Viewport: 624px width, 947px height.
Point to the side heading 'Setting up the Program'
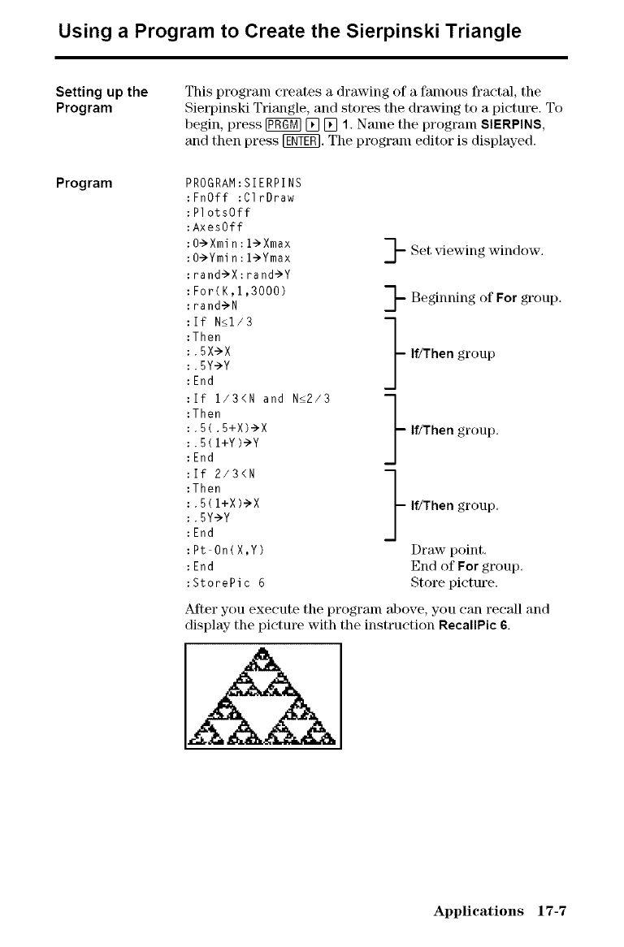[x=102, y=100]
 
